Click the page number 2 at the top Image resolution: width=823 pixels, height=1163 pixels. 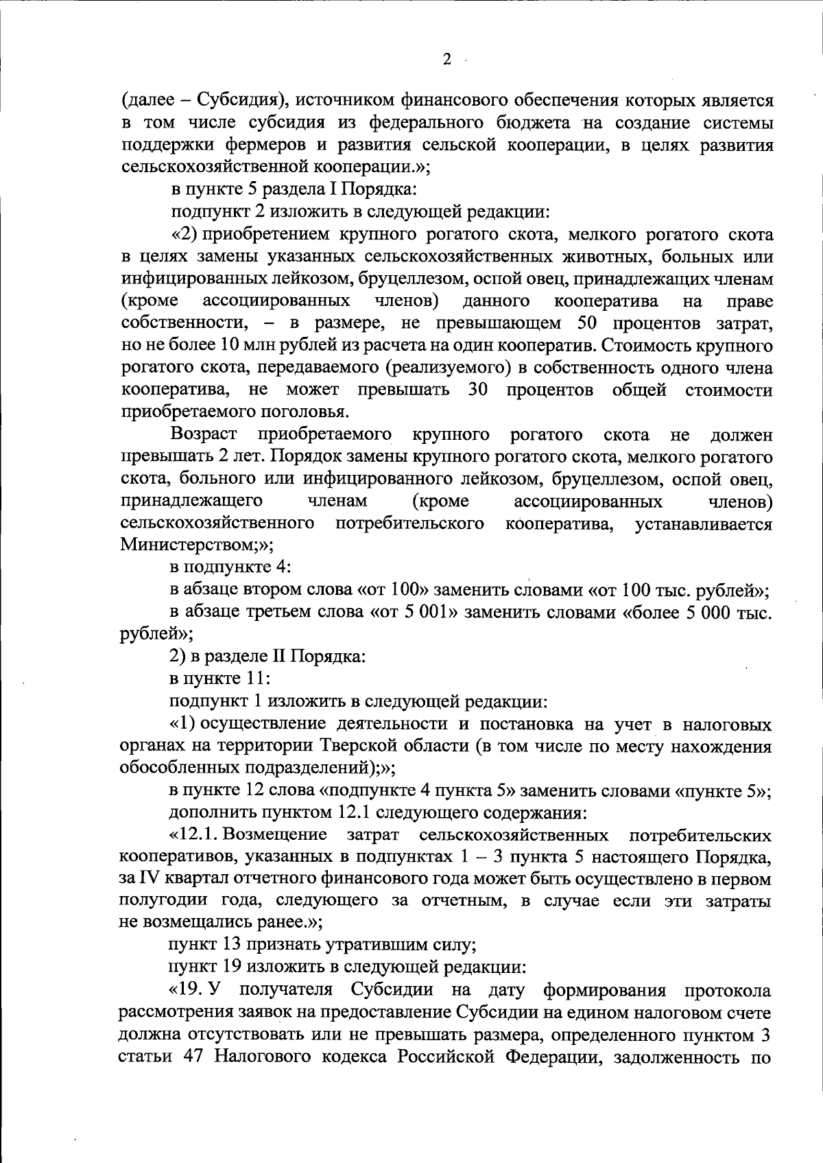447,60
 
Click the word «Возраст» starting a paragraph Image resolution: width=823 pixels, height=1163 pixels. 204,435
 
